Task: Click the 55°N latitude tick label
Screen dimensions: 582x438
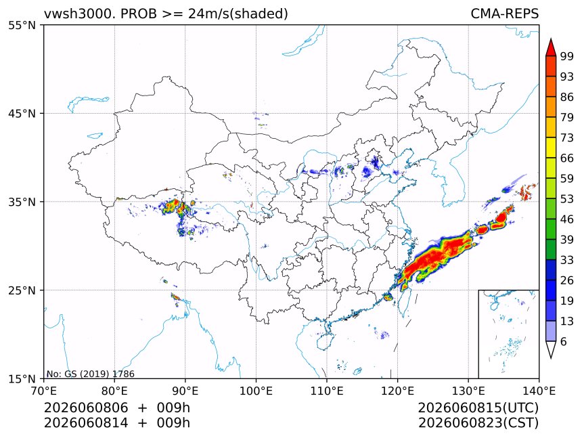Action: tap(22, 26)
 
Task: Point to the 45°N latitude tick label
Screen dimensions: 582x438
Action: tap(22, 114)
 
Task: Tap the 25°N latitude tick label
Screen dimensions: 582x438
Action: tap(22, 290)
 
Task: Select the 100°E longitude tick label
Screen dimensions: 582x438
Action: tap(256, 391)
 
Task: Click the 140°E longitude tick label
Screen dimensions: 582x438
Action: tap(539, 391)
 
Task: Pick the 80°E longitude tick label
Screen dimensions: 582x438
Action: tap(114, 391)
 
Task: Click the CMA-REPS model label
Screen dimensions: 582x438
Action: tap(504, 14)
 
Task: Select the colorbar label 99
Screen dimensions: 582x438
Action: tap(567, 56)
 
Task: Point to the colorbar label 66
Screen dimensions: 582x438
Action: tap(567, 158)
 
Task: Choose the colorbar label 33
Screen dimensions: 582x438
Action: tap(567, 260)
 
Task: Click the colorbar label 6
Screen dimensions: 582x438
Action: tap(564, 341)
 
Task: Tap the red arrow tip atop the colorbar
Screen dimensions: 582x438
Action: tap(551, 39)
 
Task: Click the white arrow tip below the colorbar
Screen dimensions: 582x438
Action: tap(551, 358)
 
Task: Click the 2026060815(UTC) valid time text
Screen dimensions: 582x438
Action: tap(478, 408)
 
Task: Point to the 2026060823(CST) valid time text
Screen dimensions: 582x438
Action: tap(478, 423)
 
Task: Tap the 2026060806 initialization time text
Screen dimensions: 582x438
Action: tap(86, 408)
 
